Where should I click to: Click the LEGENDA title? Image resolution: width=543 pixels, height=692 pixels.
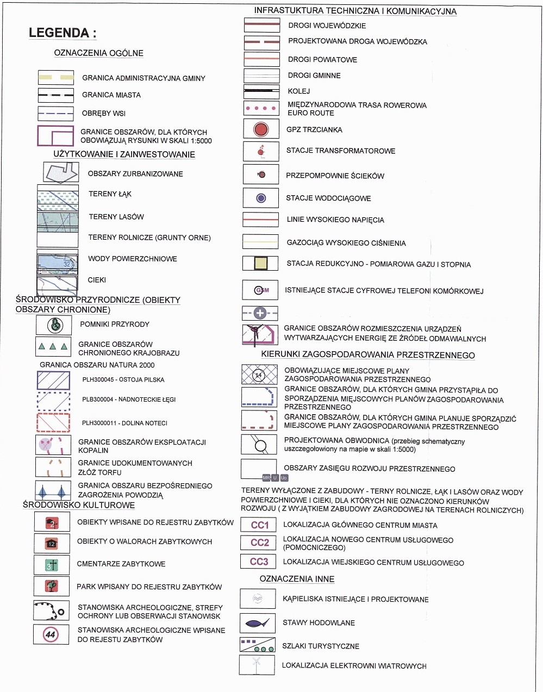(63, 33)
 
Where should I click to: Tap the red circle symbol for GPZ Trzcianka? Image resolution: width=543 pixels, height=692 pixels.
(261, 129)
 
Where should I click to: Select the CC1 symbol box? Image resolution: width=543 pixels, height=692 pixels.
(260, 525)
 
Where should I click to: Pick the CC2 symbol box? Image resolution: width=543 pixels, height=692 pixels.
(260, 543)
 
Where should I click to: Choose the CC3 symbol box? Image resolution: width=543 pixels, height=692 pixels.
(259, 562)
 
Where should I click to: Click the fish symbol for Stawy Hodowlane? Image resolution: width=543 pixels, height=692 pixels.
(257, 623)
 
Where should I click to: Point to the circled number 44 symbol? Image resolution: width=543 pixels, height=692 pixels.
(51, 634)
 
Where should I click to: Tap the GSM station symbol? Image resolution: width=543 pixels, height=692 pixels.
(261, 290)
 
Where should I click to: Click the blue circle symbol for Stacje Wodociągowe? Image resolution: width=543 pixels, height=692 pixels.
(261, 198)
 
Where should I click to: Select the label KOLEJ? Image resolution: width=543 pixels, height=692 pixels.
(299, 91)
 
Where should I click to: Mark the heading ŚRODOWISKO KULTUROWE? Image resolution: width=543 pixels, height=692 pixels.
(79, 505)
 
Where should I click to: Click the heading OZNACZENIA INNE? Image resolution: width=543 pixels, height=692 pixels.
(297, 579)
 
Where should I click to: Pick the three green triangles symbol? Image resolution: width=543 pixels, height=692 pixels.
(53, 346)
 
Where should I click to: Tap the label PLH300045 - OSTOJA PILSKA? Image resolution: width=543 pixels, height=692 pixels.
(123, 379)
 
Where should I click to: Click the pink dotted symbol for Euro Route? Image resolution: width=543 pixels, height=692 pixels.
(261, 108)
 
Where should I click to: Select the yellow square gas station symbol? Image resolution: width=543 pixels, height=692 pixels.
(261, 264)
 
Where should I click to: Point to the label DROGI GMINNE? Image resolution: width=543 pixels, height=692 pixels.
(314, 76)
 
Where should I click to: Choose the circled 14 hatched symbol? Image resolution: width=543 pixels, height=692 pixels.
(259, 375)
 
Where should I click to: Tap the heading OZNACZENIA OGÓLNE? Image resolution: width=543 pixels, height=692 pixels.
(99, 53)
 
